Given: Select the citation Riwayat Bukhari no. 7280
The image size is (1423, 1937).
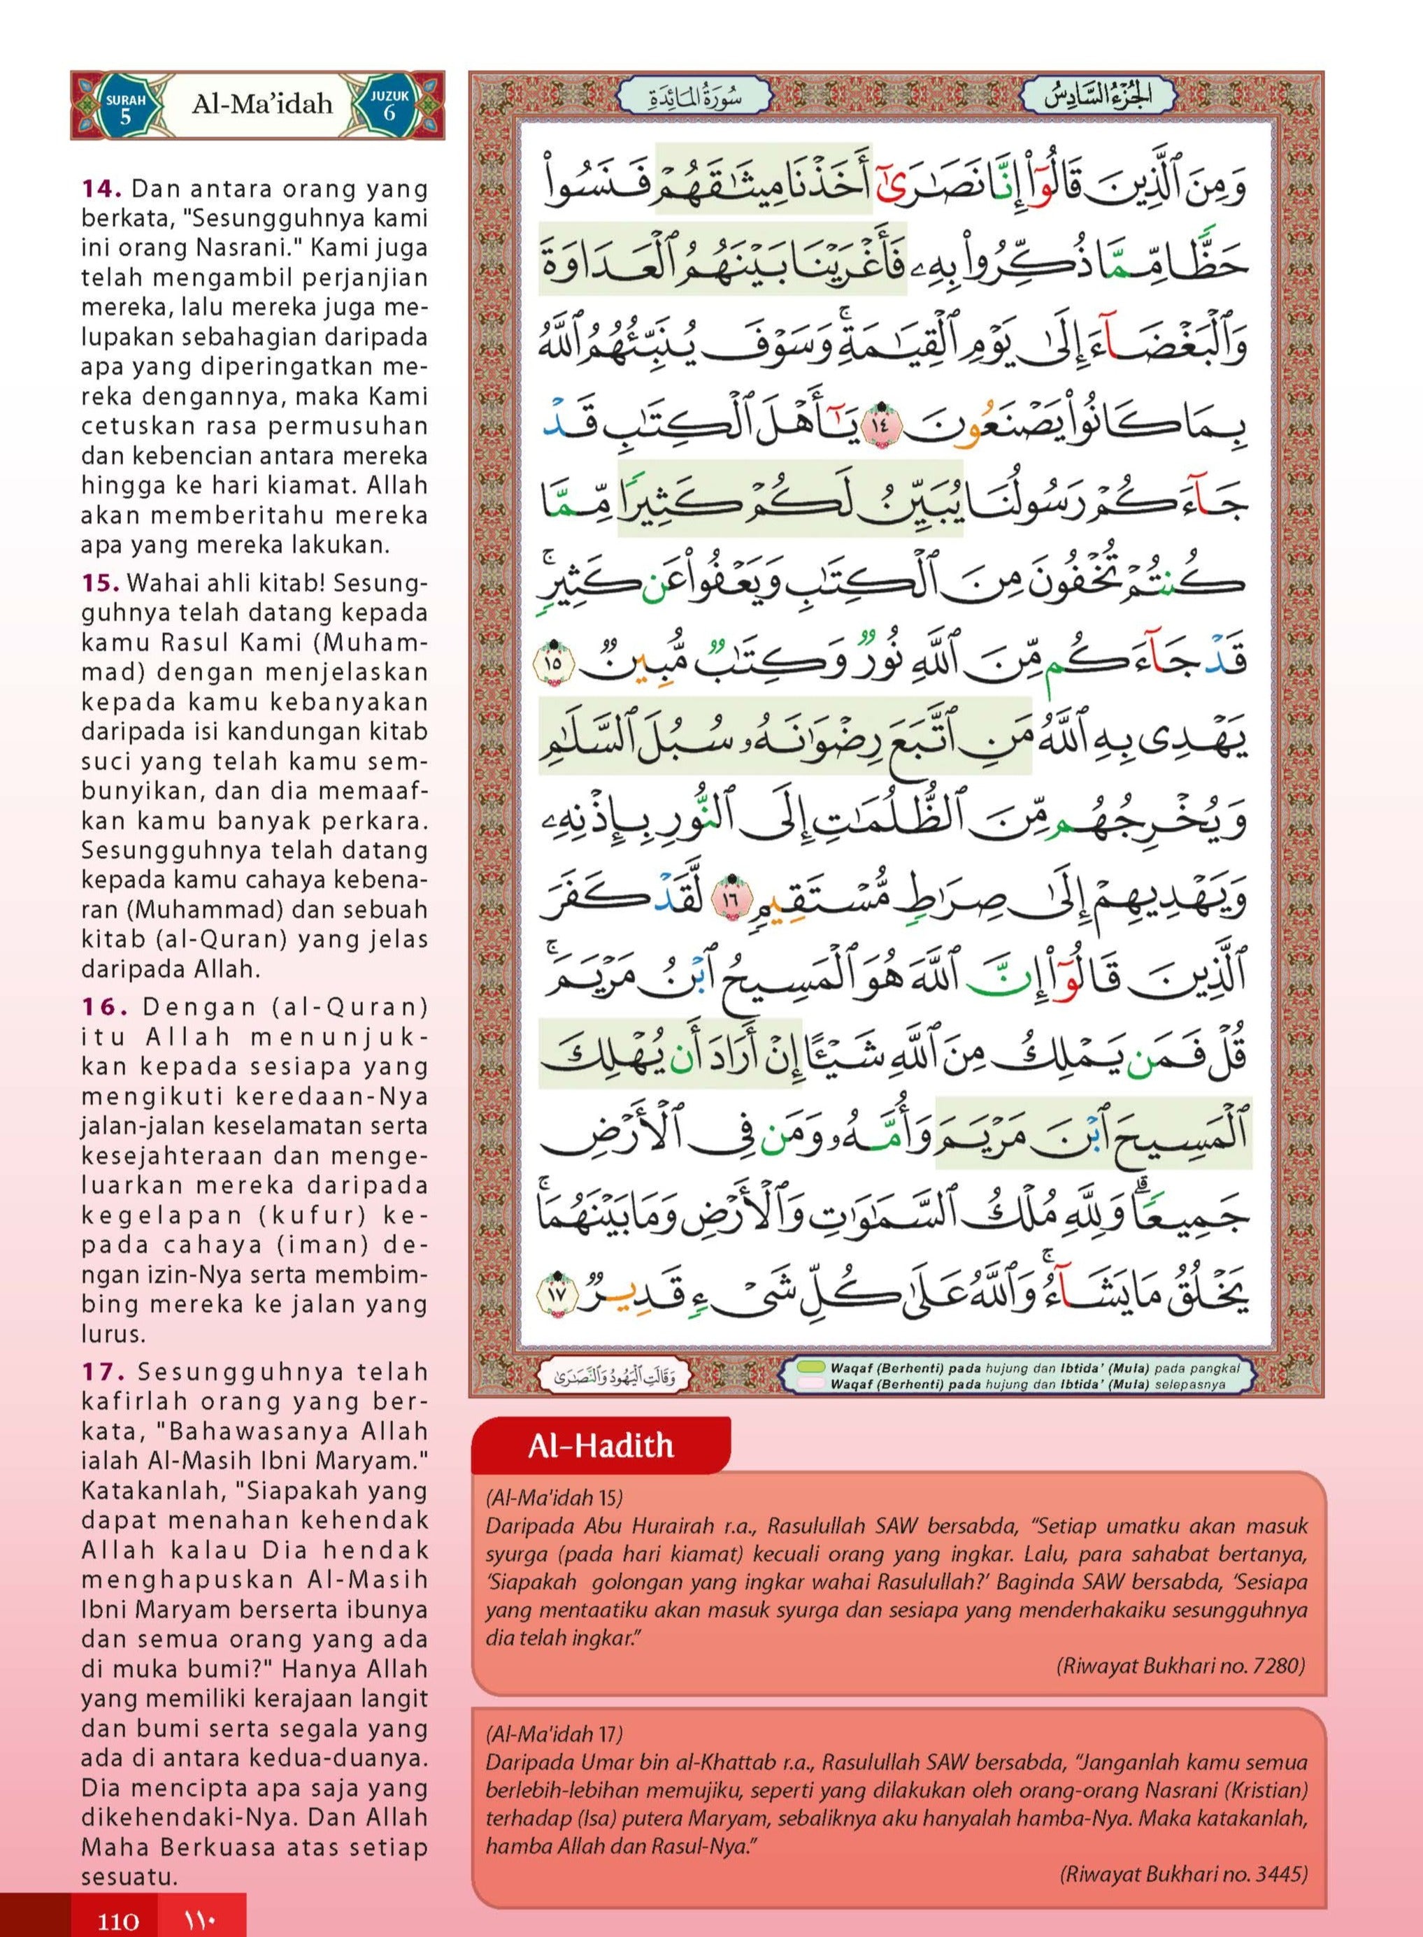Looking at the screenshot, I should click(1180, 1666).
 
